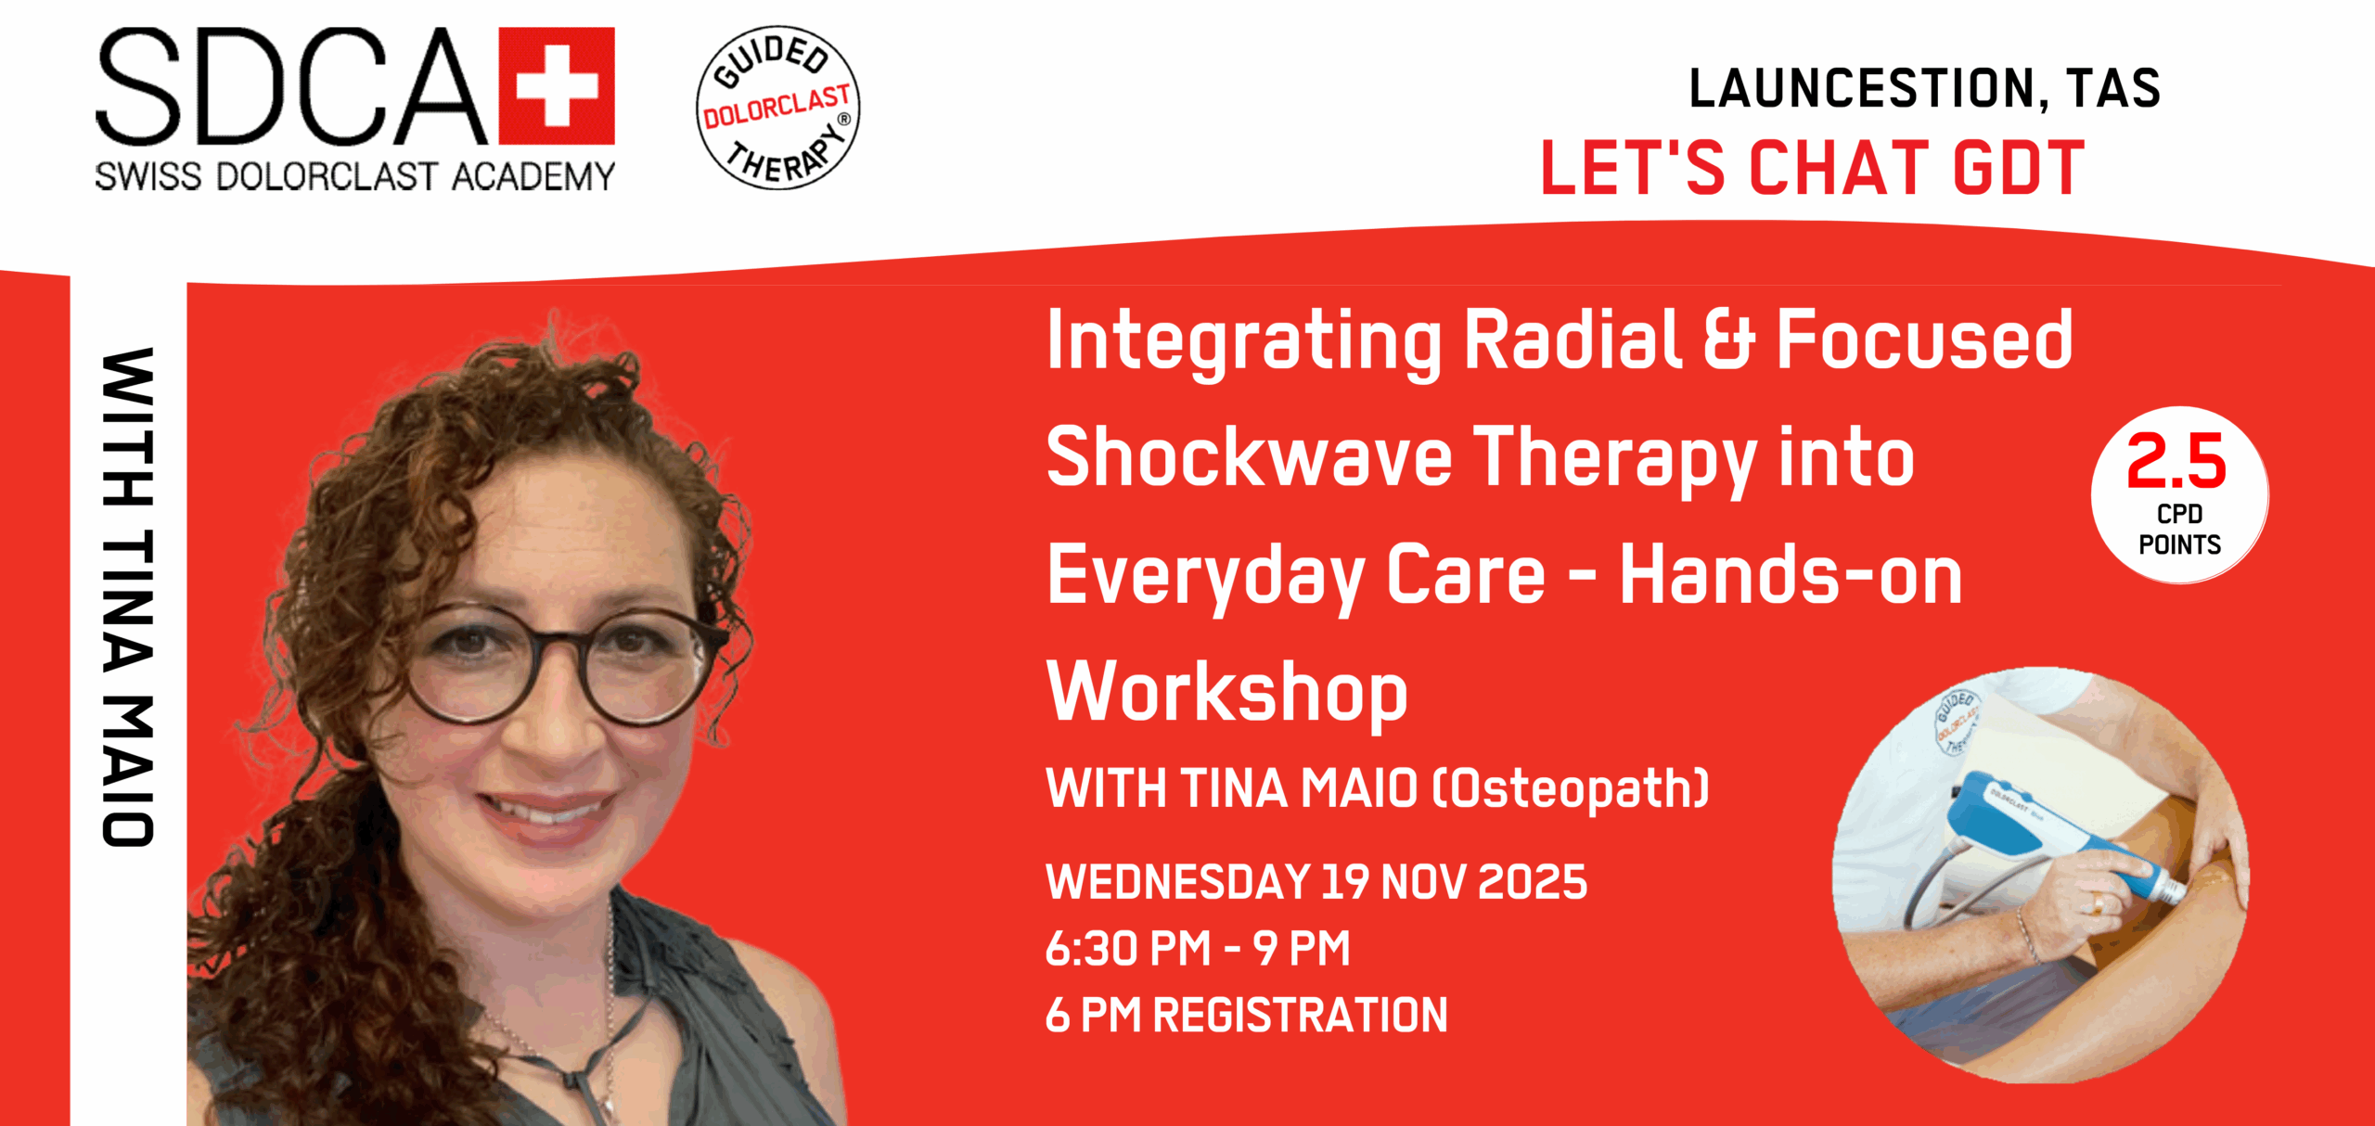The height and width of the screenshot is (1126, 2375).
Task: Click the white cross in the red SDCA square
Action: [557, 86]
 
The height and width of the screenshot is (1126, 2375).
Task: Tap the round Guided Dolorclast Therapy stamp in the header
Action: [778, 108]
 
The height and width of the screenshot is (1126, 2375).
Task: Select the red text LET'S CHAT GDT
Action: [1813, 168]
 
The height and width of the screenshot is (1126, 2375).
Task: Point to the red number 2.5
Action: [2176, 461]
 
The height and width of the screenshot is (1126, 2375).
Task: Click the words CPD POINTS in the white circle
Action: [2179, 529]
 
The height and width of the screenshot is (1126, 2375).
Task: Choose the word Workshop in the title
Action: [1226, 693]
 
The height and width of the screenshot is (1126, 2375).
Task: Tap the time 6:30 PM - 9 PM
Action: [1198, 948]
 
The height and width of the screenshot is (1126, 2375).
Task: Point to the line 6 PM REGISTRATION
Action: [1246, 1015]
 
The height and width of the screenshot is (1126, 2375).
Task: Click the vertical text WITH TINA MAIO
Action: [127, 597]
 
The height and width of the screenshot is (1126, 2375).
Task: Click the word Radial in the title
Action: [1573, 339]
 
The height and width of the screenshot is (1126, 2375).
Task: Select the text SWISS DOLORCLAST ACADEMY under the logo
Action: [355, 176]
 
